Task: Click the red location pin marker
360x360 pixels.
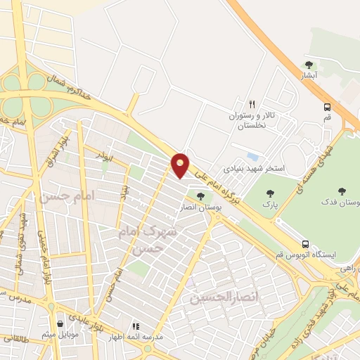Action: pos(181,164)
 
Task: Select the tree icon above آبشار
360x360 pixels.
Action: pos(309,65)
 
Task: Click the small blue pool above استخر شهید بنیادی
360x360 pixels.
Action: pos(252,157)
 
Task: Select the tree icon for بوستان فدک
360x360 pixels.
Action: pos(342,191)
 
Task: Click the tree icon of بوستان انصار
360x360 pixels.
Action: pos(202,196)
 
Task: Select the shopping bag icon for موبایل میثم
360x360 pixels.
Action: pos(61,324)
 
